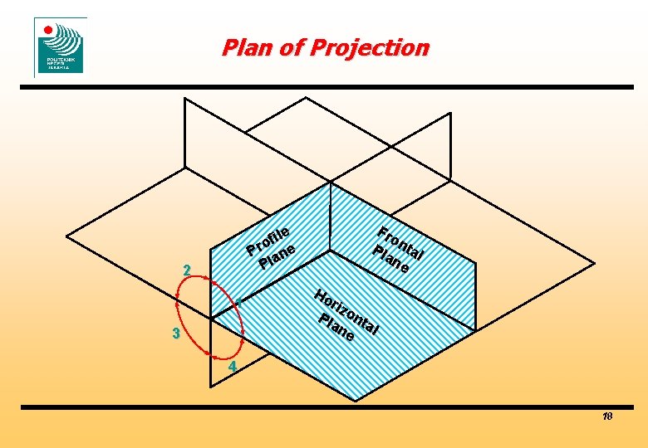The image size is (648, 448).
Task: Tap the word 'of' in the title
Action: pyautogui.click(x=292, y=48)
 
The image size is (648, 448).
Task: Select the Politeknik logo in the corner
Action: pyautogui.click(x=60, y=46)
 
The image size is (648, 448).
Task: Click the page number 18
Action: pyautogui.click(x=606, y=416)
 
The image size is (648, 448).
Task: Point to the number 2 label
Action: pyautogui.click(x=188, y=270)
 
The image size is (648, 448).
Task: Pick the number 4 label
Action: pyautogui.click(x=233, y=367)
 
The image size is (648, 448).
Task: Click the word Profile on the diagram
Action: pyautogui.click(x=268, y=239)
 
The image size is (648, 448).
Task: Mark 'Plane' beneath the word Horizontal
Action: pyautogui.click(x=336, y=328)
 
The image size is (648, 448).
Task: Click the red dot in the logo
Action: pyautogui.click(x=48, y=31)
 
